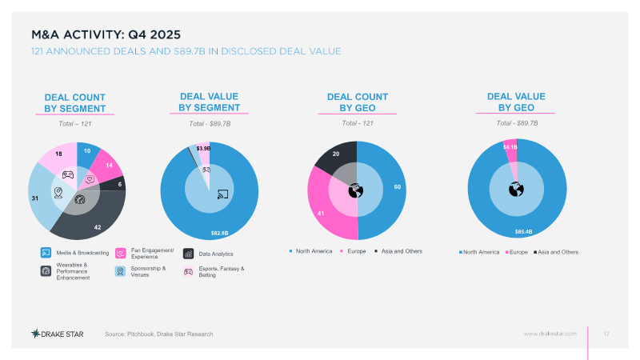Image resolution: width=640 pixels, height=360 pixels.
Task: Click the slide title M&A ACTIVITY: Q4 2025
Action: coord(106,34)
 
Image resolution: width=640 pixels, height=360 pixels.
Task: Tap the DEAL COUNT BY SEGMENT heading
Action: coord(75,103)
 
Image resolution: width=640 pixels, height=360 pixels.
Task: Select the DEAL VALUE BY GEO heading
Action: coord(517,102)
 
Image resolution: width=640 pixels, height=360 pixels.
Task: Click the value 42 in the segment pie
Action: coord(98,227)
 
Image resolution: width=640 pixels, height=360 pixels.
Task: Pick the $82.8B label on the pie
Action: coord(219,233)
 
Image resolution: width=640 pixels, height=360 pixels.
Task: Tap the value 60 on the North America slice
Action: coord(398,186)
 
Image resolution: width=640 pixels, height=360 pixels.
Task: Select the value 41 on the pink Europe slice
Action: coord(319,214)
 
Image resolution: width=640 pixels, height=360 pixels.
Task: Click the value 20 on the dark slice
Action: coord(336,154)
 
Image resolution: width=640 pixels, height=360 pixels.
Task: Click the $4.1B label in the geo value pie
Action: coord(510,147)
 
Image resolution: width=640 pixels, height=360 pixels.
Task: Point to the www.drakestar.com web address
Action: coord(550,333)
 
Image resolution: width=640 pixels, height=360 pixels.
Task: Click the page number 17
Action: coord(606,333)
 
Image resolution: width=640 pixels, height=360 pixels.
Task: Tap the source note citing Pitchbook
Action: coord(159,333)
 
